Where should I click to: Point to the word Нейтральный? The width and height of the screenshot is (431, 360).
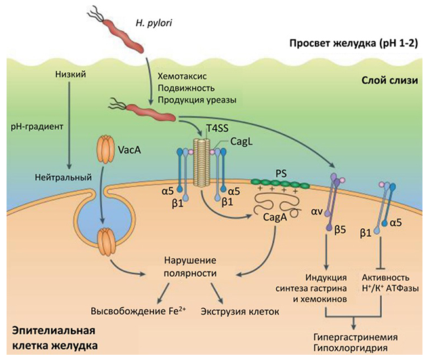coord(66,177)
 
